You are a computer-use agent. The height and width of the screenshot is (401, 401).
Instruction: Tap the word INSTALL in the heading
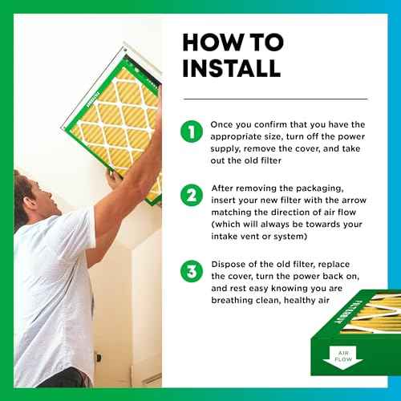pyautogui.click(x=232, y=68)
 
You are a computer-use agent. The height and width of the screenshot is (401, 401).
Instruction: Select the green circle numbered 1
pyautogui.click(x=192, y=132)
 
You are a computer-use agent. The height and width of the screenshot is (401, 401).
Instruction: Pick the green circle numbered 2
pyautogui.click(x=192, y=195)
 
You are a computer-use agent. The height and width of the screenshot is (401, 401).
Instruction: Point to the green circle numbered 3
pyautogui.click(x=192, y=271)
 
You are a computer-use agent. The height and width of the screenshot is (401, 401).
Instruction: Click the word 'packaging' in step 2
pyautogui.click(x=320, y=188)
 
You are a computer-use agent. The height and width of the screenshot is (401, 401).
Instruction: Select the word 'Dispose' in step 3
pyautogui.click(x=228, y=265)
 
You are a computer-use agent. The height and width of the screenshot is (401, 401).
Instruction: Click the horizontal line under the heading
pyautogui.click(x=275, y=99)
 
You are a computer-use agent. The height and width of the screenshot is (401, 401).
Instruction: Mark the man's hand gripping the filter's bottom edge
pyautogui.click(x=114, y=179)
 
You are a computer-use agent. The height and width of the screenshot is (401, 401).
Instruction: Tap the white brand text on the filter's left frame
pyautogui.click(x=93, y=99)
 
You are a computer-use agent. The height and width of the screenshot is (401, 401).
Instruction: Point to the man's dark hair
pyautogui.click(x=22, y=192)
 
